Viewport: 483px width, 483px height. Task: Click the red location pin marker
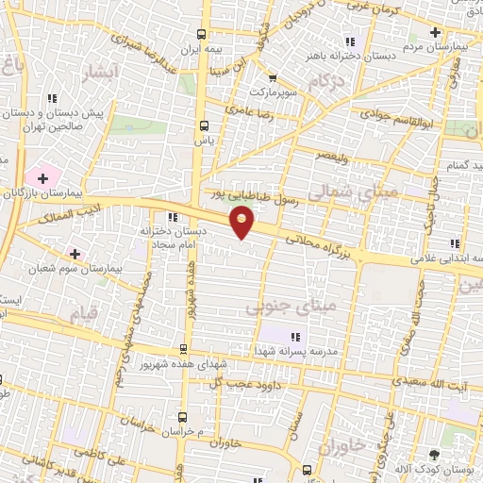(x=243, y=223)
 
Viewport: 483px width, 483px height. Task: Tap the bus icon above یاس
(x=204, y=125)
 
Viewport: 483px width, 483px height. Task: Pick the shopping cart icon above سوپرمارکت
(x=273, y=79)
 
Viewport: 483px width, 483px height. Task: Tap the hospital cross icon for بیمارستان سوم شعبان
(x=75, y=254)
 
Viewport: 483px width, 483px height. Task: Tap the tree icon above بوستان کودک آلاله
(x=434, y=455)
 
